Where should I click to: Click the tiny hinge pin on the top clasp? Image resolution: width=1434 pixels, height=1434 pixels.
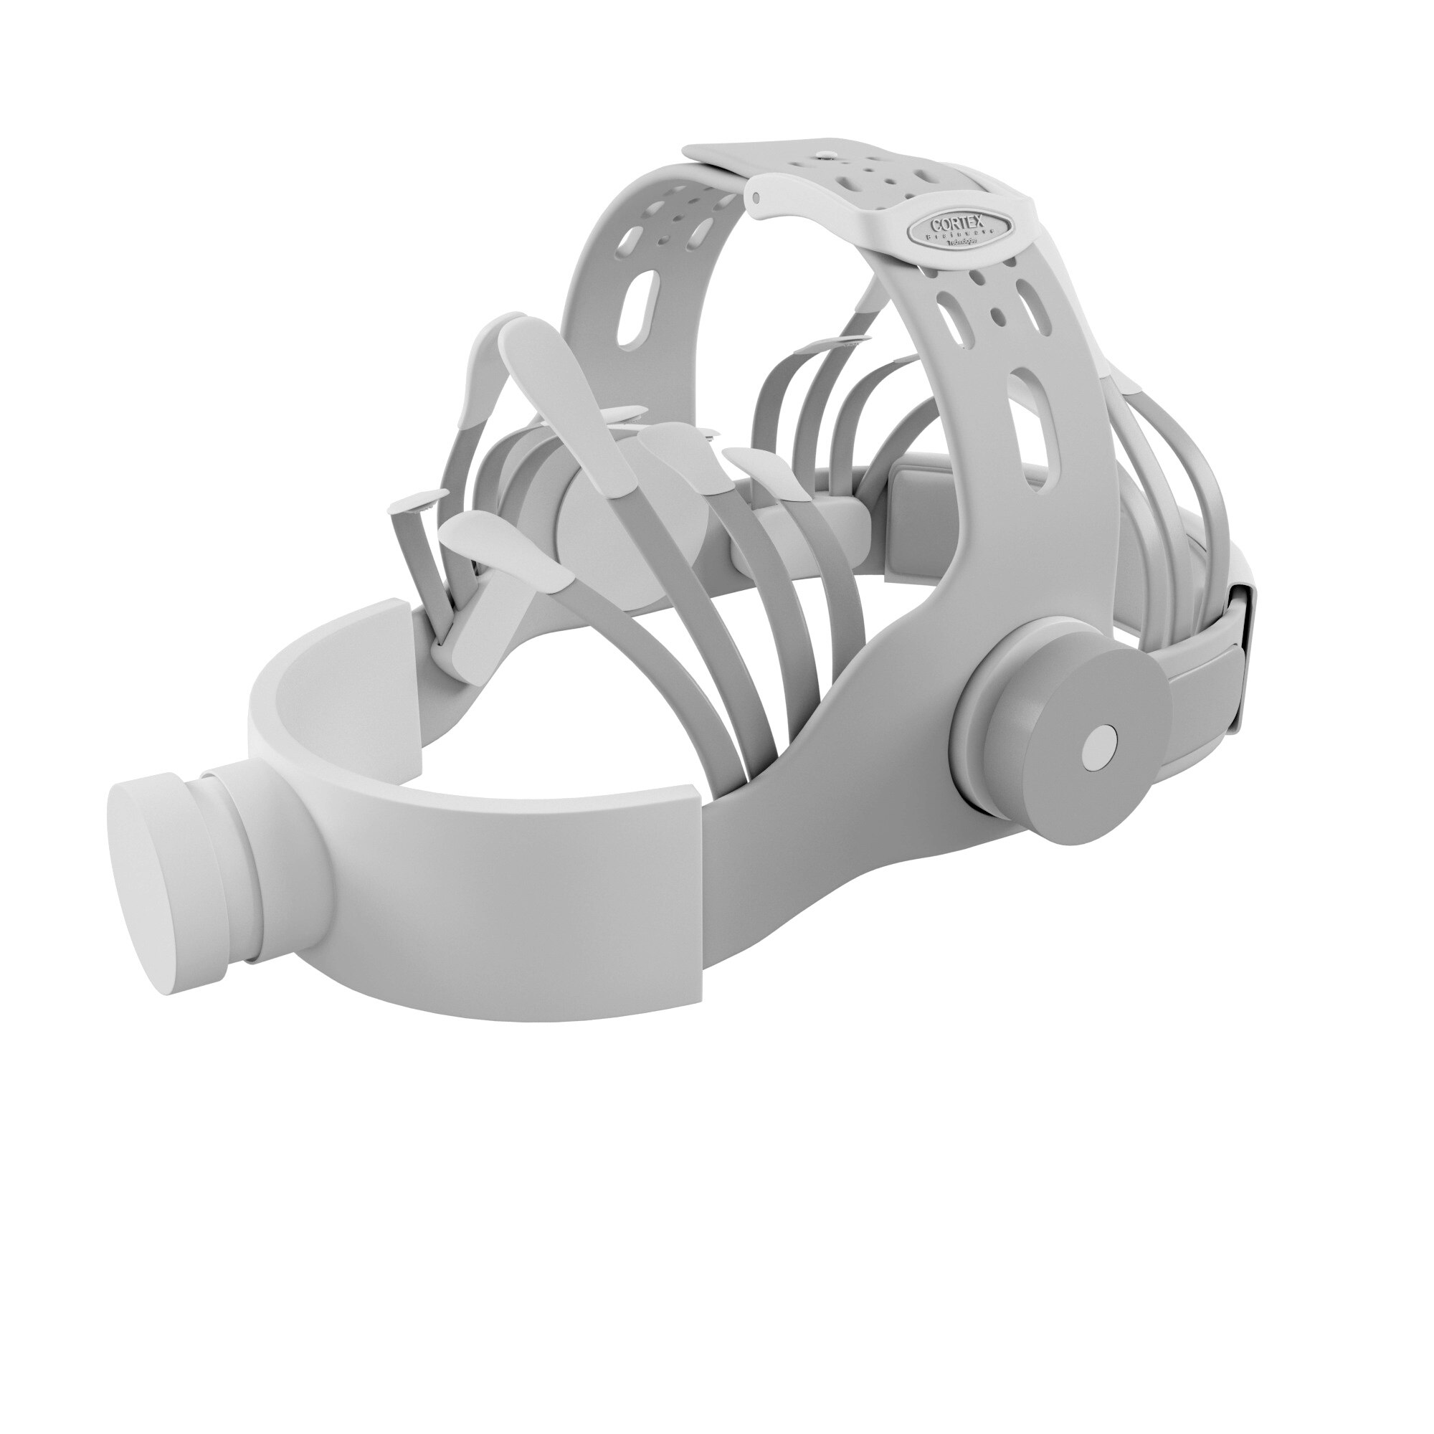click(756, 196)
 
